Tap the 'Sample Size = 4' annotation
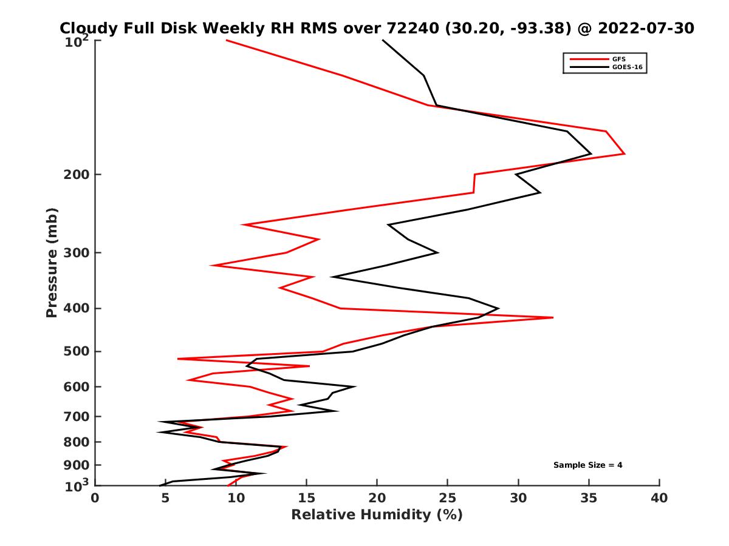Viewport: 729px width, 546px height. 587,465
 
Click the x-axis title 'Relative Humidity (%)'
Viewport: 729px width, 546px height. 377,515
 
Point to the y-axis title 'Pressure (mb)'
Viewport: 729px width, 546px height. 52,262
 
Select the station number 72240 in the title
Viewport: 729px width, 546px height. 414,29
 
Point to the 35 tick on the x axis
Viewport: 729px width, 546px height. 589,499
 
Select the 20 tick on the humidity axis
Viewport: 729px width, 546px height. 377,499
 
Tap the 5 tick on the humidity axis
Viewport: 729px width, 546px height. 166,499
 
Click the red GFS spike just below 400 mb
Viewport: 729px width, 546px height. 553,317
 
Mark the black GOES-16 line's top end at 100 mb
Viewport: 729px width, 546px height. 383,40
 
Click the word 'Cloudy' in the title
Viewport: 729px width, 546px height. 86,29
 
